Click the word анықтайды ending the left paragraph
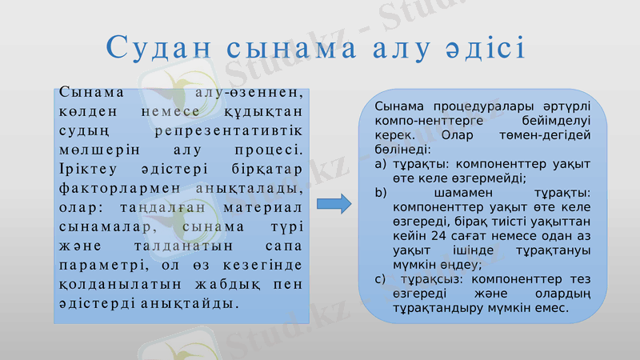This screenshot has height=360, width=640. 194,305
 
